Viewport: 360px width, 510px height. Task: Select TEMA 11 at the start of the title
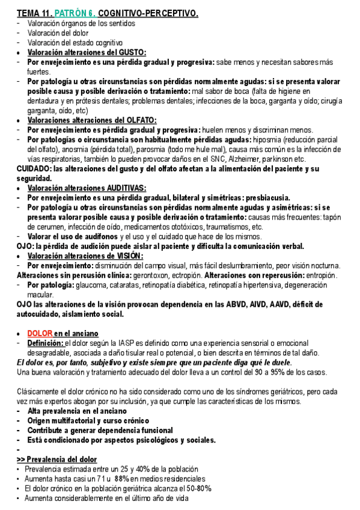pyautogui.click(x=34, y=13)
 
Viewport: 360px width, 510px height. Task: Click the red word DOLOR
pyautogui.click(x=40, y=333)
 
